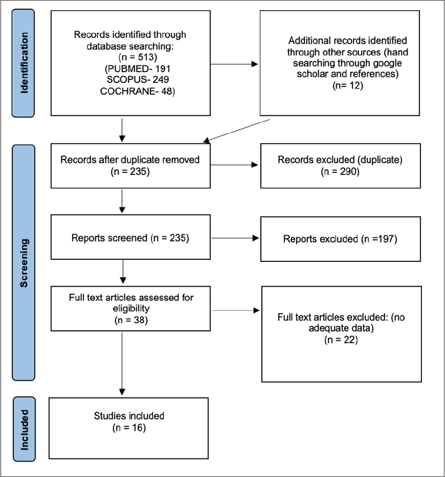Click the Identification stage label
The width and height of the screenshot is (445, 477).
pyautogui.click(x=24, y=63)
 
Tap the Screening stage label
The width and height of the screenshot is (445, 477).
pyautogui.click(x=24, y=263)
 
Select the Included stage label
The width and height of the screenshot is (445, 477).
pyautogui.click(x=24, y=430)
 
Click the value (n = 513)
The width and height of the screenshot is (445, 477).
pyautogui.click(x=138, y=57)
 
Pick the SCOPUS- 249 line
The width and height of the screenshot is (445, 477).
pyautogui.click(x=138, y=79)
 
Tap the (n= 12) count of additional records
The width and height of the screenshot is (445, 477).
pyautogui.click(x=348, y=85)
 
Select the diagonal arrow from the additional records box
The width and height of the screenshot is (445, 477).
pyautogui.click(x=237, y=131)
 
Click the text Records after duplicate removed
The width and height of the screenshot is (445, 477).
pyautogui.click(x=130, y=160)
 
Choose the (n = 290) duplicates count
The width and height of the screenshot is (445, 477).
pyautogui.click(x=340, y=171)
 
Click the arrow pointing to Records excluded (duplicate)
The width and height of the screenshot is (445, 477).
pyautogui.click(x=234, y=165)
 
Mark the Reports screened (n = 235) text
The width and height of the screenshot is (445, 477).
pyautogui.click(x=130, y=238)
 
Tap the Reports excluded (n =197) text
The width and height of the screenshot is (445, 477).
pyautogui.click(x=340, y=239)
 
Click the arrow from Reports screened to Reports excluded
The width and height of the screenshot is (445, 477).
pyautogui.click(x=235, y=238)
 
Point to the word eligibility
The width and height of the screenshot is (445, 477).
pyautogui.click(x=131, y=308)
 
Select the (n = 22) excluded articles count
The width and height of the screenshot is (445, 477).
pyautogui.click(x=341, y=340)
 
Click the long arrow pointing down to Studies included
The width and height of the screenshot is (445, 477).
pyautogui.click(x=122, y=364)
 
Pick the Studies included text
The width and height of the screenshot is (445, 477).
pyautogui.click(x=129, y=416)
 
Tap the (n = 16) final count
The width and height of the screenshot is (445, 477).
pyautogui.click(x=129, y=428)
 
